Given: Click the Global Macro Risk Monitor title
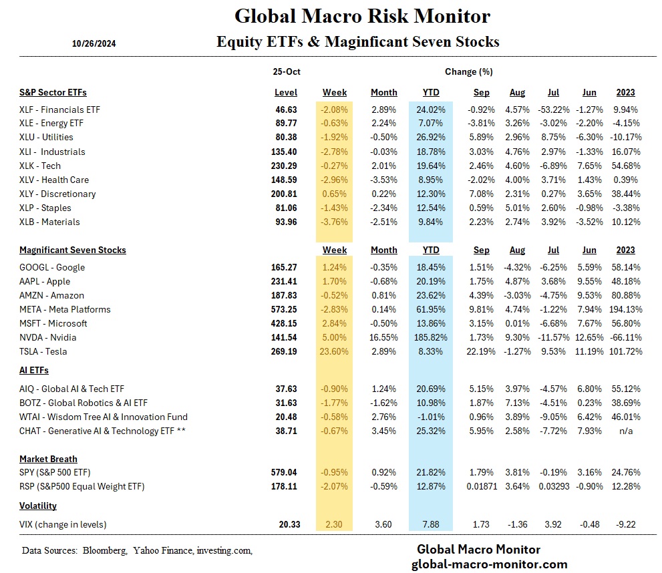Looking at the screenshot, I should tap(362, 16).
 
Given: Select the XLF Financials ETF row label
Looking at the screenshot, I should tap(59, 110).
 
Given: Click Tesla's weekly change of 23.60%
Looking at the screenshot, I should tap(334, 351).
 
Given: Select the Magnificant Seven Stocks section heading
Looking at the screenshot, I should tap(72, 250).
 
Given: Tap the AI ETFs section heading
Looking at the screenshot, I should tap(33, 370).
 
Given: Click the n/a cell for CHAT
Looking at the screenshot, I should tap(625, 431).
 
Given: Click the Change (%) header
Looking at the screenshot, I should tap(468, 72).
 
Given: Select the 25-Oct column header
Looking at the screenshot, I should tap(285, 72).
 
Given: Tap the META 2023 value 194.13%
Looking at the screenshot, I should tap(625, 309).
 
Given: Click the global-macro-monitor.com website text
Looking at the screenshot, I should tap(489, 564).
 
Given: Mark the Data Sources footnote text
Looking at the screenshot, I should tap(136, 550).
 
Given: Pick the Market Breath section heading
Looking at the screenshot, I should tap(48, 459).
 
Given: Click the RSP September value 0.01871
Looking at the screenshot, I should tap(481, 487).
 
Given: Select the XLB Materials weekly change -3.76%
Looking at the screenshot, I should tap(334, 222).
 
